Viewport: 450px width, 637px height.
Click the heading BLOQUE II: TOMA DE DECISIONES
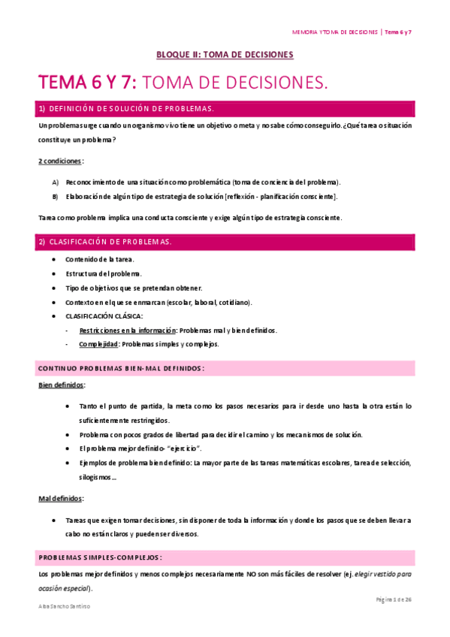(225, 55)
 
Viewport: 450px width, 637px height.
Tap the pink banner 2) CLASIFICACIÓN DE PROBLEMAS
(226, 242)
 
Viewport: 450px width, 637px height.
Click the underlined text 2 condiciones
(61, 161)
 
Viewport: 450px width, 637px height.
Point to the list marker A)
(56, 183)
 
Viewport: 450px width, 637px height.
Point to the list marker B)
(56, 197)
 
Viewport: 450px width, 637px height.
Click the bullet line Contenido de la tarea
(100, 259)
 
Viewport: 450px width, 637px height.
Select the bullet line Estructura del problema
(104, 273)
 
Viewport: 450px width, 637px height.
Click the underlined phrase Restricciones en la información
(127, 331)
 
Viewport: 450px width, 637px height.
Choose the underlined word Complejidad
(98, 344)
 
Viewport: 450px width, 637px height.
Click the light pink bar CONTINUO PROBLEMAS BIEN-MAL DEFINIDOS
(226, 368)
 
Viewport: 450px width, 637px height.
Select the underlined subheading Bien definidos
(61, 385)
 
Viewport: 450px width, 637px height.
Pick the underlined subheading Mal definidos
(61, 499)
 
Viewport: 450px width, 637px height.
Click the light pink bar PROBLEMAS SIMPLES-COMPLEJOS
(226, 557)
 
